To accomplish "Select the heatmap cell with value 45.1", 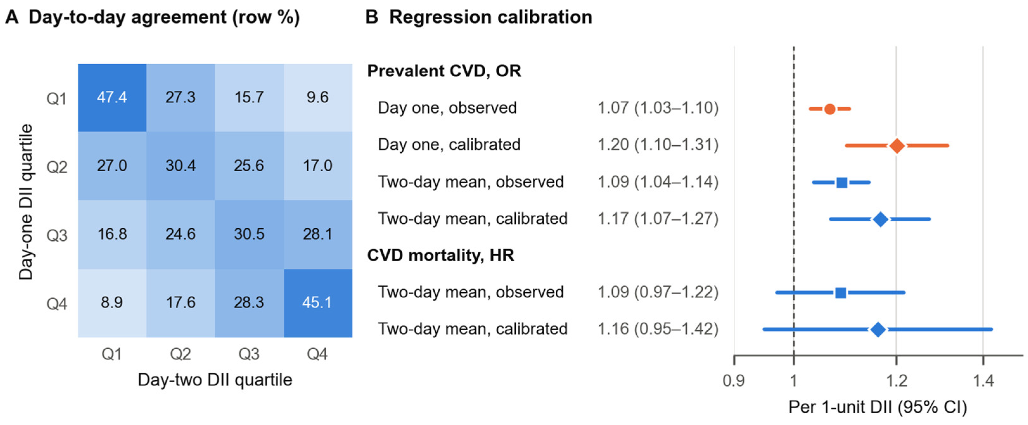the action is coord(318,303).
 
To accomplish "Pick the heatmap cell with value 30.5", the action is coord(249,235).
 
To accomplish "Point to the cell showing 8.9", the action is coord(112,303).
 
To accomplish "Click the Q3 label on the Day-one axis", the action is coord(57,235).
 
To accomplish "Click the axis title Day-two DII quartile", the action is coord(215,379).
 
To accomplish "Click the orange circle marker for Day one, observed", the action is coord(830,109).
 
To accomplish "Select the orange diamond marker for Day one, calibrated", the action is coord(897,146).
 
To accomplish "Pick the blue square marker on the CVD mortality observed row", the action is coord(840,293).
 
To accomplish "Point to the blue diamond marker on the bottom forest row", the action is coord(878,330).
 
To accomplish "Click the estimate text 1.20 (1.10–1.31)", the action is coord(658,144).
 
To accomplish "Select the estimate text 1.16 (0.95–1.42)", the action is coord(658,329).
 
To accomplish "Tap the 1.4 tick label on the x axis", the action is coord(983,381).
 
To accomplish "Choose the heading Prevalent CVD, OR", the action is coord(444,71).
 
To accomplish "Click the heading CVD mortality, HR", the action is coord(441,255).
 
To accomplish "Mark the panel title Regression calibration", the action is coord(490,17).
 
